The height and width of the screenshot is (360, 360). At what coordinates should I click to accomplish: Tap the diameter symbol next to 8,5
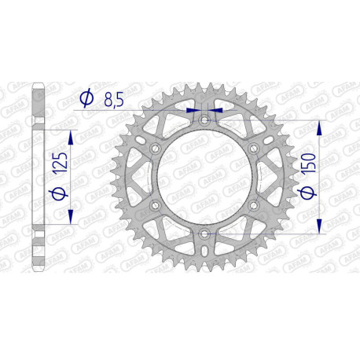86,98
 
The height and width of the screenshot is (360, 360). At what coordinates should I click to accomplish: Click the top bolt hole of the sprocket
204,119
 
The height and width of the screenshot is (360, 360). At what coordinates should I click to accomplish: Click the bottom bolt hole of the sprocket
204,234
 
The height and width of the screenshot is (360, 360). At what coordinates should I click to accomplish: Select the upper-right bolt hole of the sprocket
253,148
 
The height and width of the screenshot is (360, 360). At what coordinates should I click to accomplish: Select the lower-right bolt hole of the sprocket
253,206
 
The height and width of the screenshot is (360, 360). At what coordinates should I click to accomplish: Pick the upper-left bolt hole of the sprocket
155,148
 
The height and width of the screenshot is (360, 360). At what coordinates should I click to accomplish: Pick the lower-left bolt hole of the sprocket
155,206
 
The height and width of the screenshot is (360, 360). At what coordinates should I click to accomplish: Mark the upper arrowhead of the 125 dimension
72,138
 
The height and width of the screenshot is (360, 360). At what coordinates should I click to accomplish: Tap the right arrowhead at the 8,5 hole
218,111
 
